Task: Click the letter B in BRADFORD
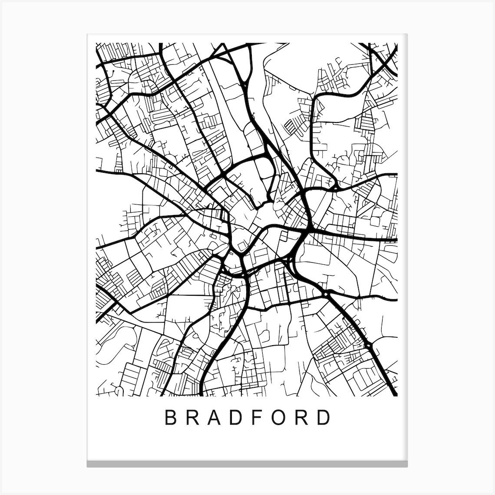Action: click(170, 418)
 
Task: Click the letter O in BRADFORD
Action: click(280, 418)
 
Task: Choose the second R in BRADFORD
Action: click(303, 418)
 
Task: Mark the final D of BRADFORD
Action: click(324, 418)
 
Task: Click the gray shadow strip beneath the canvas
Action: click(247, 464)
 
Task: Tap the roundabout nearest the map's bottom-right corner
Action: click(369, 345)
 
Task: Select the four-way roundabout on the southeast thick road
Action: click(325, 294)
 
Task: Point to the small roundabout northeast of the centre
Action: click(336, 188)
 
